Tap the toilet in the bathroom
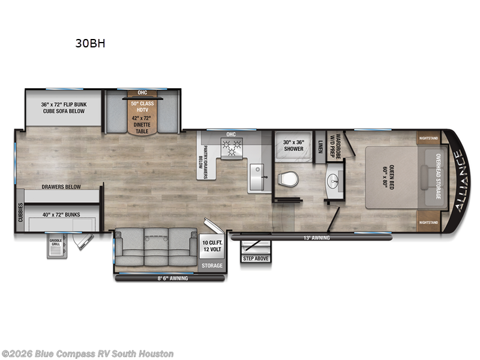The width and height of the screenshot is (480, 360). [289, 179]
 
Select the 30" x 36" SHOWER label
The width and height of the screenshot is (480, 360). [293, 145]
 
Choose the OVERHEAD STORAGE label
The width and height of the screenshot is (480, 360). [437, 178]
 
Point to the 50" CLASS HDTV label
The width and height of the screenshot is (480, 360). [143, 106]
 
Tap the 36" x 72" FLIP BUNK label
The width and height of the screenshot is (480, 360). [64, 104]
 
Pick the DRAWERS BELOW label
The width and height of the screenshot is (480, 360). [61, 187]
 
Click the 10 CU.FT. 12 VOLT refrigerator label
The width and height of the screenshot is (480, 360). [212, 245]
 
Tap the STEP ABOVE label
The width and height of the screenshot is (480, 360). [255, 259]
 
